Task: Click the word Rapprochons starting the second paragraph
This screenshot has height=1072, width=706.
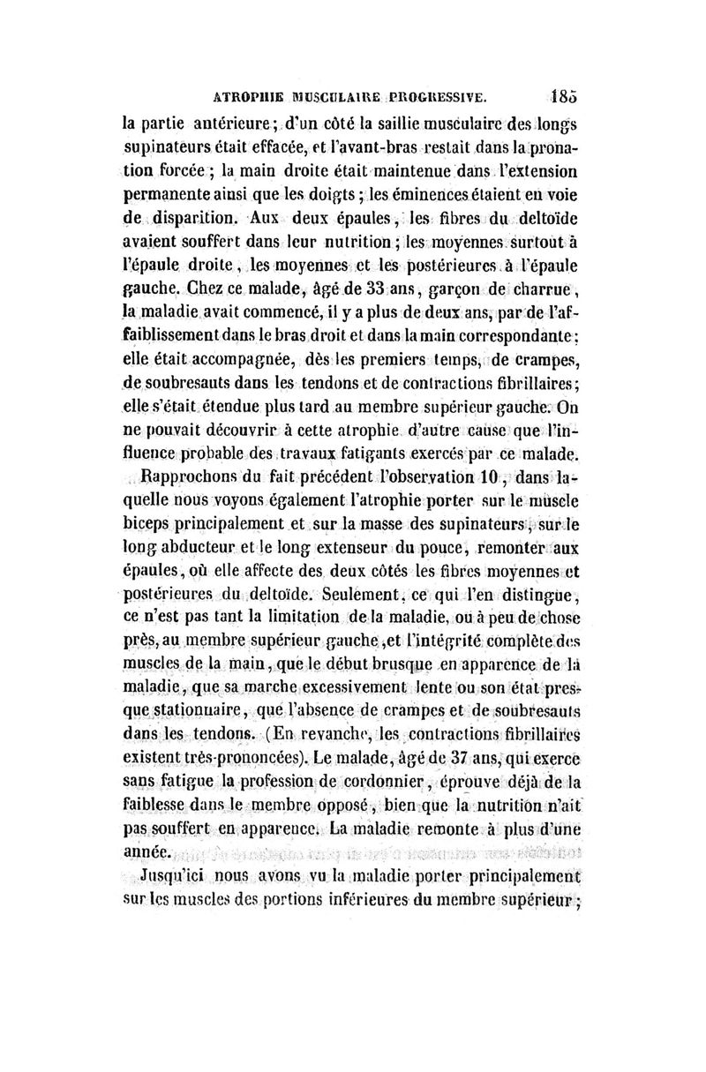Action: (185, 482)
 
